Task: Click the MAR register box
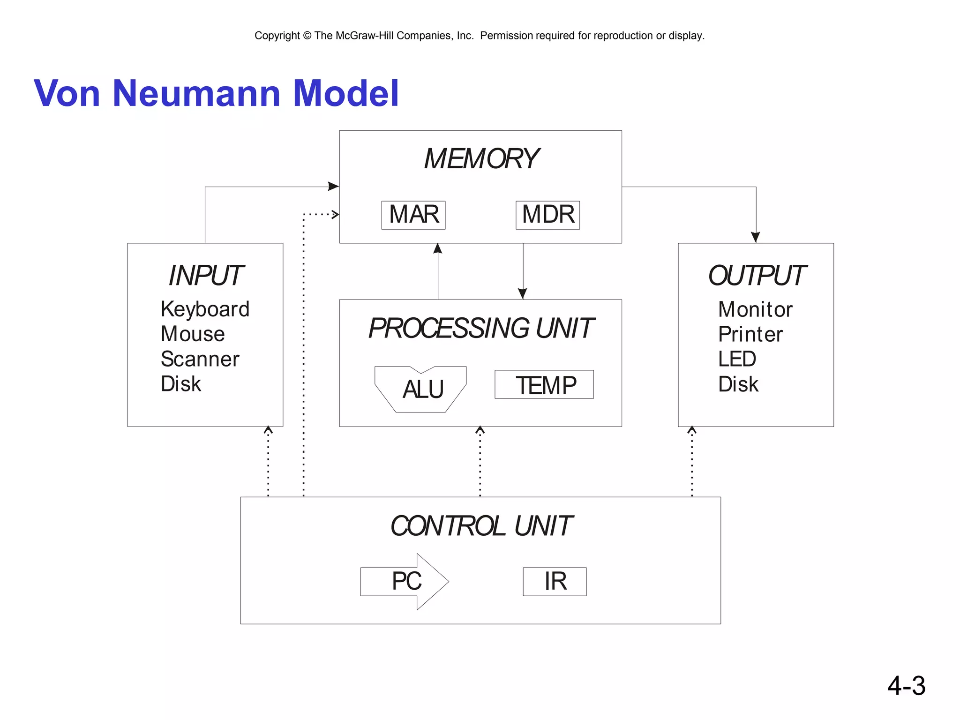[413, 215]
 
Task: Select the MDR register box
[547, 215]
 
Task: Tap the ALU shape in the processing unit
[421, 390]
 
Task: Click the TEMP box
[544, 385]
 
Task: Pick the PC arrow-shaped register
[406, 582]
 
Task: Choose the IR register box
[555, 582]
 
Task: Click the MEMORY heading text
[481, 159]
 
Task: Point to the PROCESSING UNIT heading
[481, 328]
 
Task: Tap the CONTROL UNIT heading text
[481, 526]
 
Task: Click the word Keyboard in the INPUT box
[205, 309]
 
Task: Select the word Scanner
[200, 360]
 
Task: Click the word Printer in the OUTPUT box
[750, 335]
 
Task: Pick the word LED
[737, 360]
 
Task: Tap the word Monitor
[755, 309]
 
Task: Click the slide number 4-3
[906, 686]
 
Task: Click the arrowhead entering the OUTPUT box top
[755, 237]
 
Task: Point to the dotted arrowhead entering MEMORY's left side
[335, 215]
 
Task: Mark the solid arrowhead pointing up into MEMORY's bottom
[438, 248]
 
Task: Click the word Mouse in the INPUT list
[193, 334]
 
